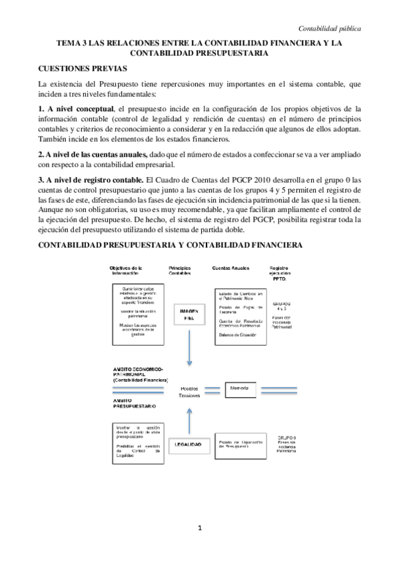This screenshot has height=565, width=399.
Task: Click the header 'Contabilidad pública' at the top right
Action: point(330,29)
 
